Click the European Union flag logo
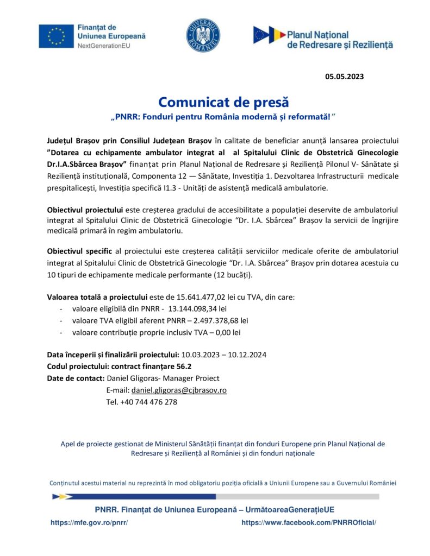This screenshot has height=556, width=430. [57, 36]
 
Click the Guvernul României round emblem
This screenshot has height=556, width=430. [203, 36]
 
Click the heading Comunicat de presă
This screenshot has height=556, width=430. [223, 102]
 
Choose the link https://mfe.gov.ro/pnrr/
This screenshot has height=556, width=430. [89, 522]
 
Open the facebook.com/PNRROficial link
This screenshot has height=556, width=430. [308, 522]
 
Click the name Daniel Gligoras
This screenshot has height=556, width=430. [133, 378]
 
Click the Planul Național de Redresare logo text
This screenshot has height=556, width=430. [339, 39]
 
